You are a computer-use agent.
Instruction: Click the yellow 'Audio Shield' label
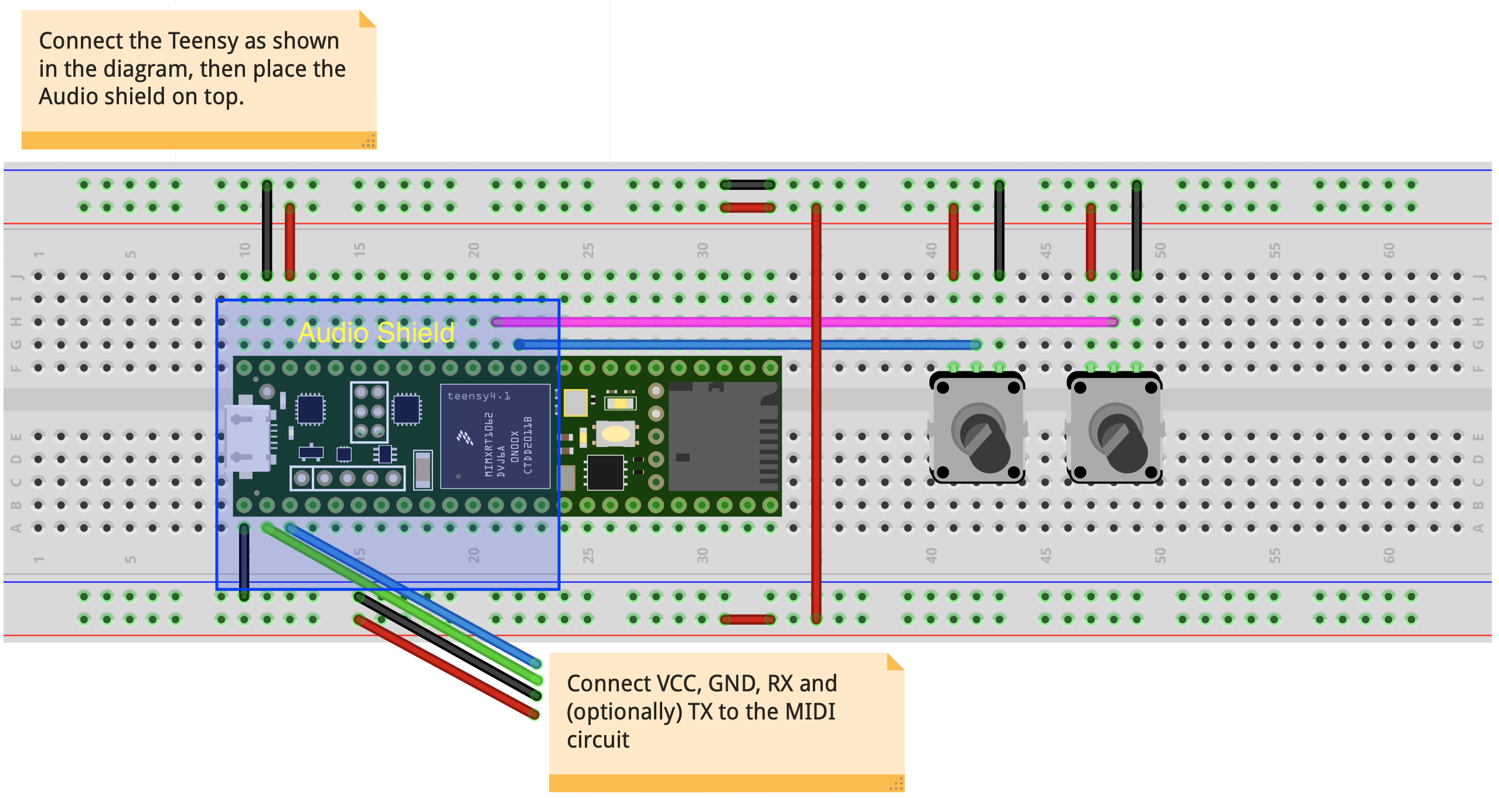click(x=376, y=333)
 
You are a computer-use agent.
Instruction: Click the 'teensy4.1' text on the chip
click(x=478, y=396)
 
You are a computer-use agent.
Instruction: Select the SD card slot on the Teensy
click(x=723, y=436)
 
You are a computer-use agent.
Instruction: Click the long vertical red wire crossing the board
click(x=816, y=410)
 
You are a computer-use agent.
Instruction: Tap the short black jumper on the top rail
click(x=747, y=185)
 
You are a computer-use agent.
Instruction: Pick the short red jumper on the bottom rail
click(x=747, y=619)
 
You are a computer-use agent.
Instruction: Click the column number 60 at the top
click(x=1389, y=251)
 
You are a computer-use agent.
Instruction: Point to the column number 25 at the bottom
click(x=588, y=555)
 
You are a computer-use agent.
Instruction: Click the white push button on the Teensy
click(x=615, y=434)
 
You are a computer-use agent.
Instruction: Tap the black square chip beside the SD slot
click(x=605, y=472)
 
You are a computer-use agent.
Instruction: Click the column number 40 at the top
click(x=931, y=251)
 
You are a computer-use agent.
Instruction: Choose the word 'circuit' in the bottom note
click(x=598, y=740)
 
